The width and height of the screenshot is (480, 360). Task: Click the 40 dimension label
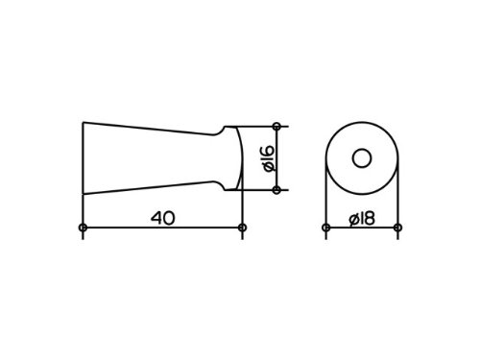163,218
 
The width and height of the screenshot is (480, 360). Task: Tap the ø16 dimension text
269,158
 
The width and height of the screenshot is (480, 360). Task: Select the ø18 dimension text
362,219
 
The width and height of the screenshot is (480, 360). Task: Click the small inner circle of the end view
362,158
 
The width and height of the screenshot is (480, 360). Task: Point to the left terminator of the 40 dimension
83,228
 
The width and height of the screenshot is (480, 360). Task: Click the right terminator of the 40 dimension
243,228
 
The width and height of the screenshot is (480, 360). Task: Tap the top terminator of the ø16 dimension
276,127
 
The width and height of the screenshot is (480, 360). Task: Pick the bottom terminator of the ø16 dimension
276,190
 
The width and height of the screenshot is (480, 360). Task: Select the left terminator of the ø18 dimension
325,228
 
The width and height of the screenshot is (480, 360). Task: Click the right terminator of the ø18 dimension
397,228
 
